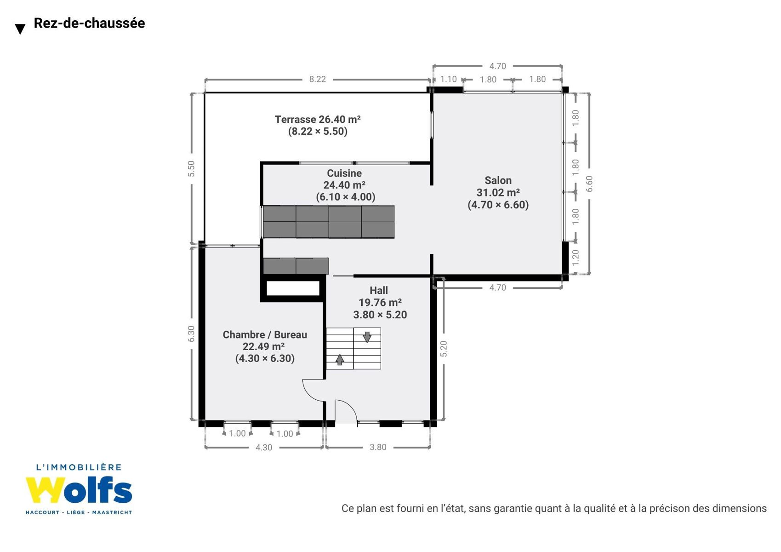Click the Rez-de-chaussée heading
click(x=89, y=23)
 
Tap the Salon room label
click(x=498, y=180)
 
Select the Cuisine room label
click(x=344, y=173)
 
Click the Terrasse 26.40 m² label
click(x=318, y=119)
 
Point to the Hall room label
click(x=379, y=290)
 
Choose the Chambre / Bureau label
click(x=265, y=334)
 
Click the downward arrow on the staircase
click(x=367, y=337)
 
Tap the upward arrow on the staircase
click(x=340, y=359)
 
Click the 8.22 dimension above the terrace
click(x=317, y=79)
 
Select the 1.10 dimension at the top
click(x=448, y=79)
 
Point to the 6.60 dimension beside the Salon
click(x=589, y=184)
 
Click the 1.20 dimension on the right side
click(x=575, y=258)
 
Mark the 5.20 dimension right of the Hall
click(x=444, y=349)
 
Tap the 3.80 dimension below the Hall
click(x=378, y=447)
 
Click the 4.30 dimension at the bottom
click(x=263, y=447)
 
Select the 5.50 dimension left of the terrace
click(x=191, y=168)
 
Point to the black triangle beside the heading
click(x=20, y=29)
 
